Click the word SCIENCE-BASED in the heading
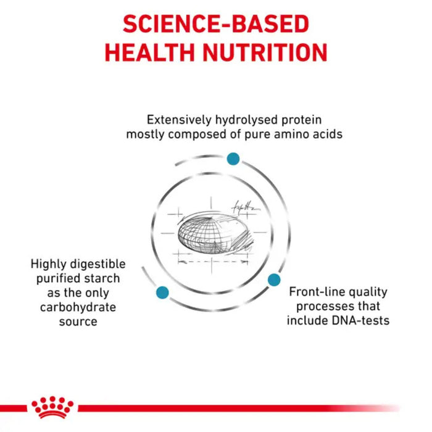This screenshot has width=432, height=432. (215, 23)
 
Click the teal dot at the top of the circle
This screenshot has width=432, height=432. (233, 159)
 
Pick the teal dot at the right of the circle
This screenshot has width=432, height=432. (274, 280)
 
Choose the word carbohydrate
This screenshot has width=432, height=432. (78, 307)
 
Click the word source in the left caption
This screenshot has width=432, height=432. (78, 322)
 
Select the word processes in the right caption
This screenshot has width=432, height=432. (323, 307)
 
